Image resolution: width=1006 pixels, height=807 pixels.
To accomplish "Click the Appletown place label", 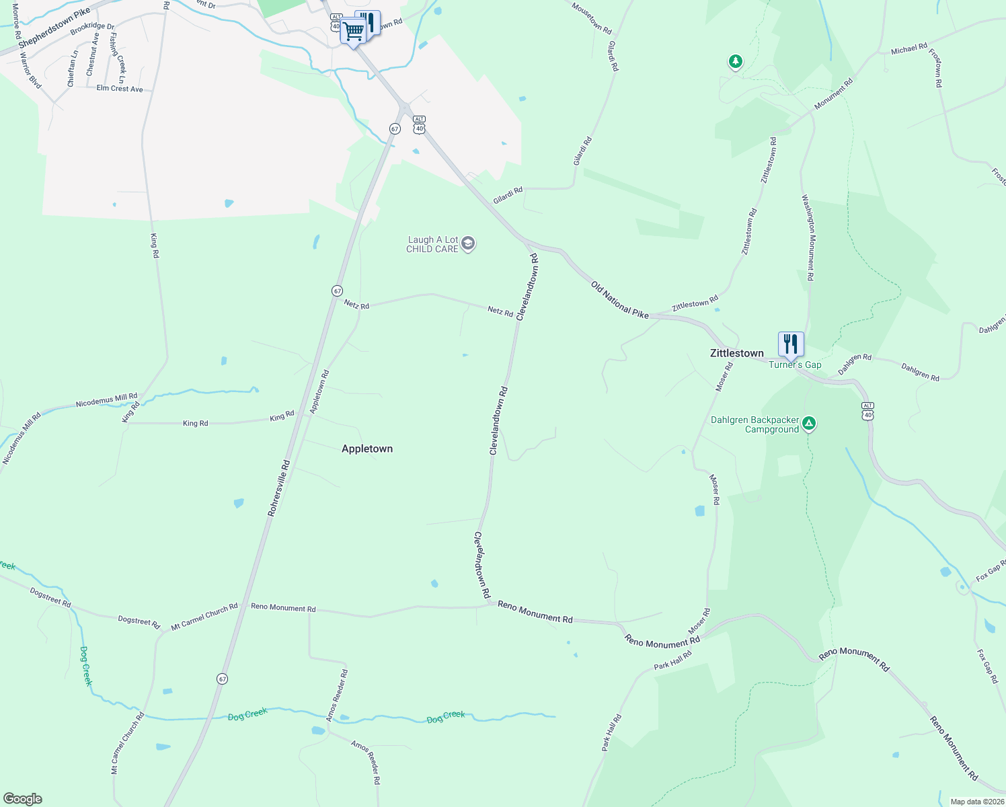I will [x=367, y=449].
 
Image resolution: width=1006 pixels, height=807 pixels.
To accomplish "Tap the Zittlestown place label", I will [x=737, y=353].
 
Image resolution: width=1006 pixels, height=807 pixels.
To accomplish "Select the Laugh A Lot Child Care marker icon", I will [x=469, y=243].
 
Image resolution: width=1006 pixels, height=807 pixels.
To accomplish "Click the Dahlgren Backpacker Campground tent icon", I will [x=810, y=424].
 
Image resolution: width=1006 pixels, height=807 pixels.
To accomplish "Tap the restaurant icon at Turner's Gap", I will [x=791, y=344].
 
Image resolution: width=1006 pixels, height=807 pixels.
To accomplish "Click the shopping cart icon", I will [x=352, y=30].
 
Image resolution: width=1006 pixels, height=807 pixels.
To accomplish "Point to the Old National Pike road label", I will [x=619, y=299].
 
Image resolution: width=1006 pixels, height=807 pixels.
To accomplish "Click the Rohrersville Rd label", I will [x=278, y=488].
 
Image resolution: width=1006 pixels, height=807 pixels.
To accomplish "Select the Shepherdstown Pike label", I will [x=54, y=28].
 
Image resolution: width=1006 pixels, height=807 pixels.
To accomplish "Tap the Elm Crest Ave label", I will [x=120, y=88].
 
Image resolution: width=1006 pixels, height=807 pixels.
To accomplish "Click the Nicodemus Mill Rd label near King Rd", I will [x=106, y=400].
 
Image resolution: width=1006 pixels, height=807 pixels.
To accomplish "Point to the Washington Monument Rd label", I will [x=808, y=237].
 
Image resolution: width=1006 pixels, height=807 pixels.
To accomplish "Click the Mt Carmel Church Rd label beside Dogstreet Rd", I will [x=204, y=616].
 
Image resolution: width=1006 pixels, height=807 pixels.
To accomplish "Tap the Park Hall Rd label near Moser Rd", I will [x=672, y=660].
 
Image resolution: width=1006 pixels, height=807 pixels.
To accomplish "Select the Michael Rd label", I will [x=908, y=49].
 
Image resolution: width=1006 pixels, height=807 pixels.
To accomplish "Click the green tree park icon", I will [x=736, y=62].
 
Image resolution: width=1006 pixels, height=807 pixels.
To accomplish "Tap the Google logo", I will [x=23, y=799].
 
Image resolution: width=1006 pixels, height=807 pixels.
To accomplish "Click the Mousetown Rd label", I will [x=591, y=18].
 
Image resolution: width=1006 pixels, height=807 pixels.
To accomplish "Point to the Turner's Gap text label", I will [x=795, y=364].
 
